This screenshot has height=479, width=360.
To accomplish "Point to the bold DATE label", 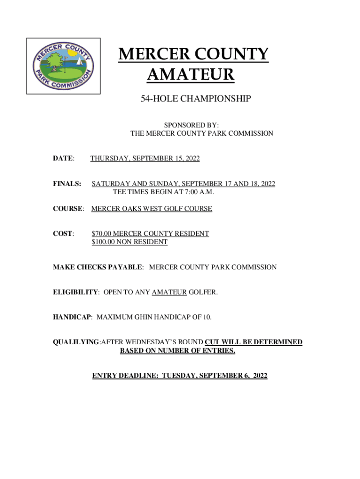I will tap(63, 159).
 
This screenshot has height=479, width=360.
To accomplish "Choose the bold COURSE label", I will tap(67, 209).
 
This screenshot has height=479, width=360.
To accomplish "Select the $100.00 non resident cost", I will tap(103, 242).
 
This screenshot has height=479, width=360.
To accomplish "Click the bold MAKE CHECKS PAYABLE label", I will tap(97, 267).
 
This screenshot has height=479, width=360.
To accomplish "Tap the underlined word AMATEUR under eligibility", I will tap(169, 292).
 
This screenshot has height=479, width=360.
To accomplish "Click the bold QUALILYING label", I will tap(76, 342).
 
